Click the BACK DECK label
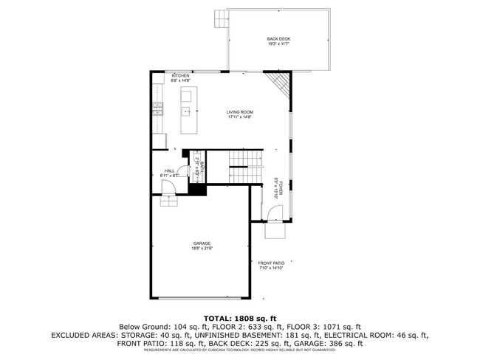coord(279,38)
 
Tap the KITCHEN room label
coord(181,76)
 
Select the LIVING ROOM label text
coord(239,112)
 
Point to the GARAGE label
coord(202,243)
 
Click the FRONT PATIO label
coord(271,263)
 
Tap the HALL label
coord(169,170)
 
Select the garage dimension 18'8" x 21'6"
coord(202,249)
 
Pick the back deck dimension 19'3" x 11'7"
coord(279,44)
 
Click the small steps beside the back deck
coord(220,18)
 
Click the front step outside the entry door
coord(275,231)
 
